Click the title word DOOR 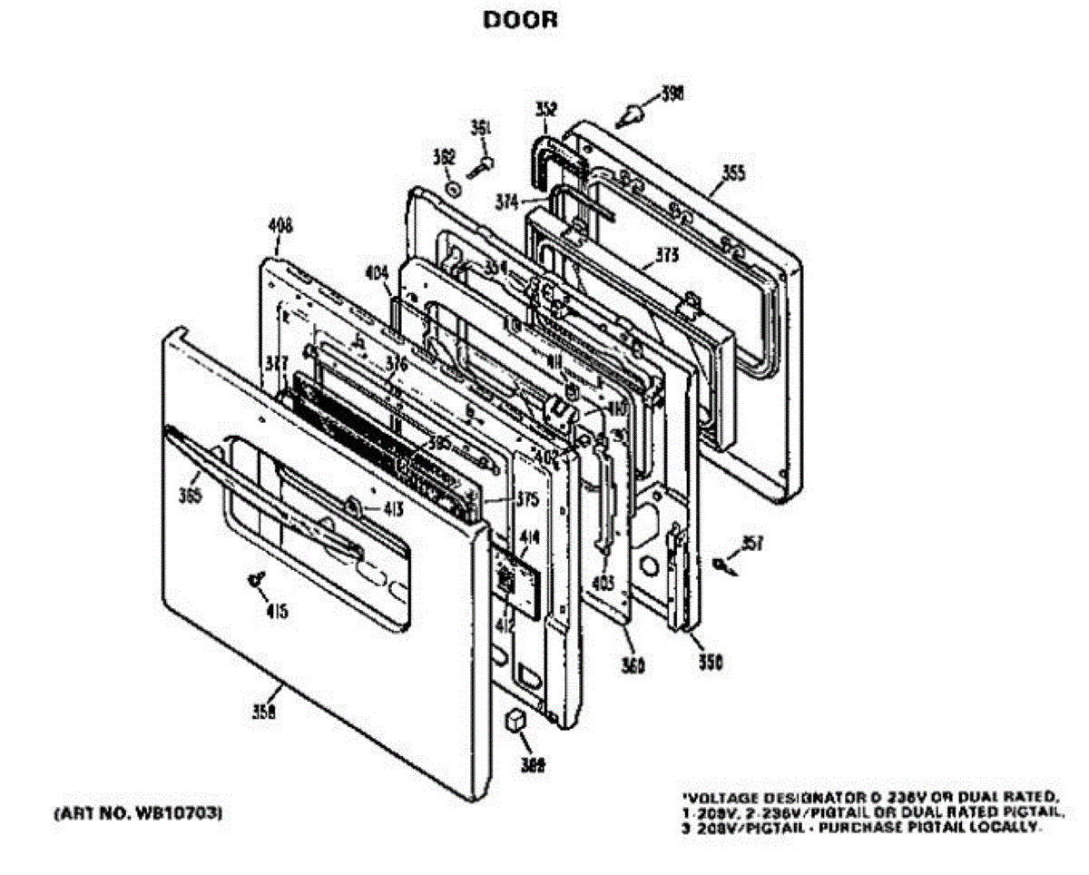coord(520,20)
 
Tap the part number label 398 coord(672,93)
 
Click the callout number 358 coord(263,713)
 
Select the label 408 coord(280,229)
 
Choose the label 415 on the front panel coord(277,612)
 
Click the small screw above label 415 coord(255,578)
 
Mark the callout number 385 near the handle coord(190,496)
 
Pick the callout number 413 coord(392,508)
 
